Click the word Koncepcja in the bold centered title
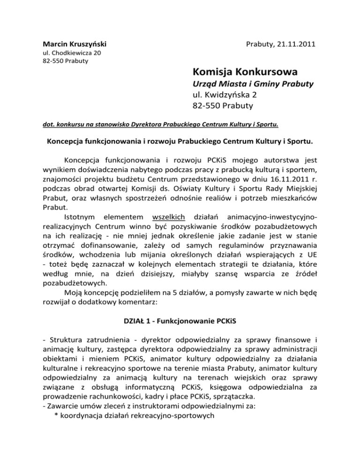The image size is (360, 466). [67, 142]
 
